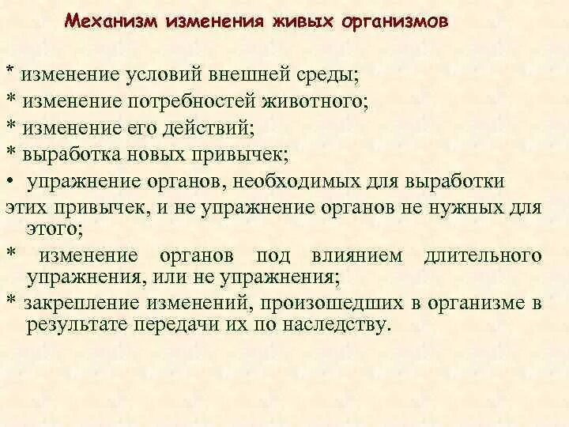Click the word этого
point(54,229)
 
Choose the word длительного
point(483,255)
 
